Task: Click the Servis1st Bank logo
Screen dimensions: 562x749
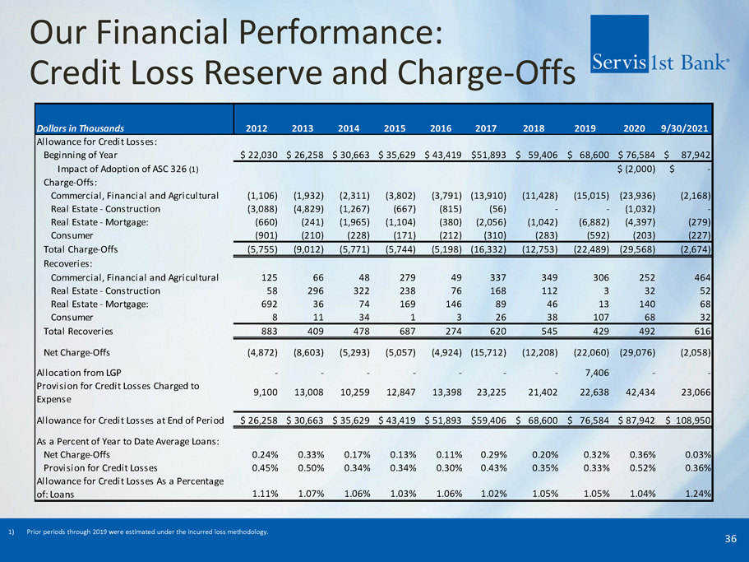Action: click(x=660, y=61)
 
